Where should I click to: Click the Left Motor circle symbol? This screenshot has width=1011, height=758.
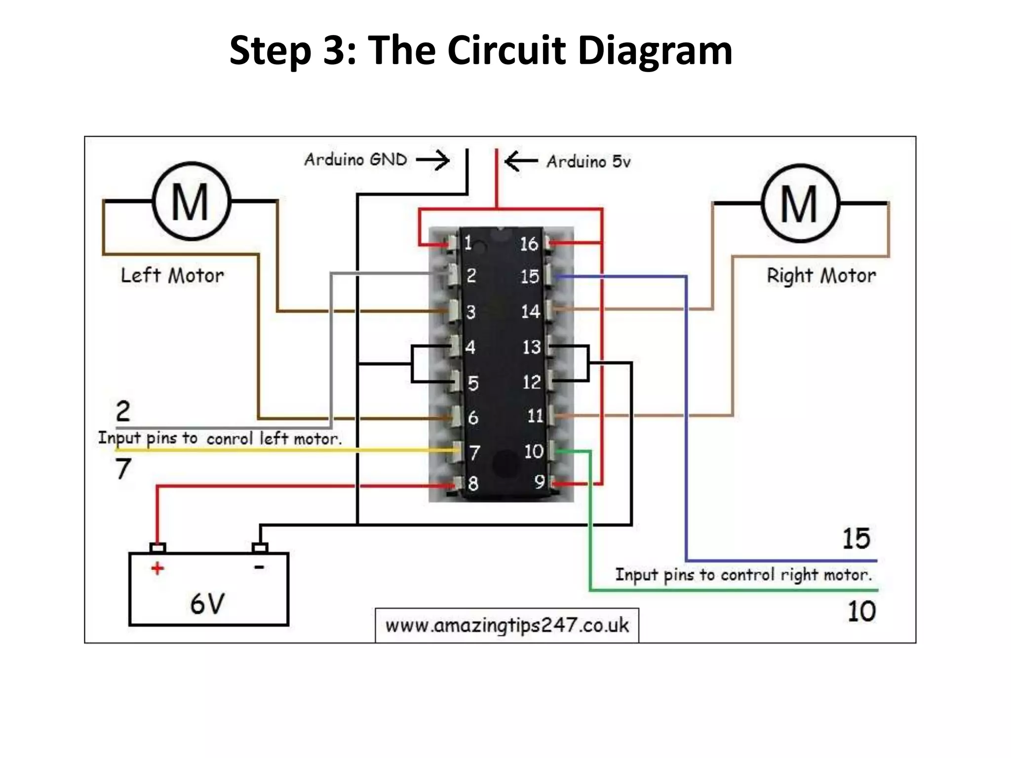(191, 201)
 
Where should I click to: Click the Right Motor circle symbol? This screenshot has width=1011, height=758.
(800, 203)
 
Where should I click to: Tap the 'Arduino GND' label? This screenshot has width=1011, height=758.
(355, 159)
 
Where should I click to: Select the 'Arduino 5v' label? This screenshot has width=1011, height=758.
(588, 161)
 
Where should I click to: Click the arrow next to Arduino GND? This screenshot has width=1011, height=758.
(433, 160)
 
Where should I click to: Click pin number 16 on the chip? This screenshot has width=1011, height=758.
(529, 244)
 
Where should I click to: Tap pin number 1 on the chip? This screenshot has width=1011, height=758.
(468, 243)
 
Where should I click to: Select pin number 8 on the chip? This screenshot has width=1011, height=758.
(473, 484)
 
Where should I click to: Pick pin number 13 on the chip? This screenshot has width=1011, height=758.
(532, 347)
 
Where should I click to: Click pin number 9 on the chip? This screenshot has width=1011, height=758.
(540, 482)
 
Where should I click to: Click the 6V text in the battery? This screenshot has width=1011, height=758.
(207, 604)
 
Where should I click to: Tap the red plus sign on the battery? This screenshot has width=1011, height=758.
(157, 568)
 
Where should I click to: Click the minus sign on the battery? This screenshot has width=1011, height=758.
(259, 568)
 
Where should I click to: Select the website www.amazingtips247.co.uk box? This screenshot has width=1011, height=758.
(507, 625)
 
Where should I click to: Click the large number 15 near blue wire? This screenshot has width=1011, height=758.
(856, 539)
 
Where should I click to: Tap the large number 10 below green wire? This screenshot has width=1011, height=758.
(861, 611)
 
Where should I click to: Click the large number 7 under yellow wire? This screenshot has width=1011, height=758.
(123, 468)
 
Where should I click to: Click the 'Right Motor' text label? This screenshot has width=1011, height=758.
(821, 275)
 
